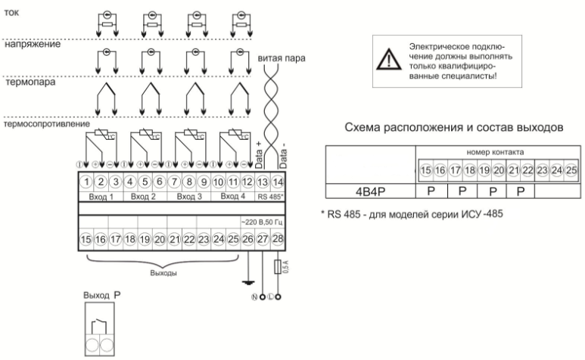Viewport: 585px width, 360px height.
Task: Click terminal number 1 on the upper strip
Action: tap(87, 182)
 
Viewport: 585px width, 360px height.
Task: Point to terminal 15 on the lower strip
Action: tap(86, 240)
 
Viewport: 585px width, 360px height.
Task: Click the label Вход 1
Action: tap(101, 196)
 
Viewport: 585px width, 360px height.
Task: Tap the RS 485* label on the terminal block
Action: tap(272, 196)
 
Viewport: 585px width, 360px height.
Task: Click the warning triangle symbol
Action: tap(389, 56)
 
